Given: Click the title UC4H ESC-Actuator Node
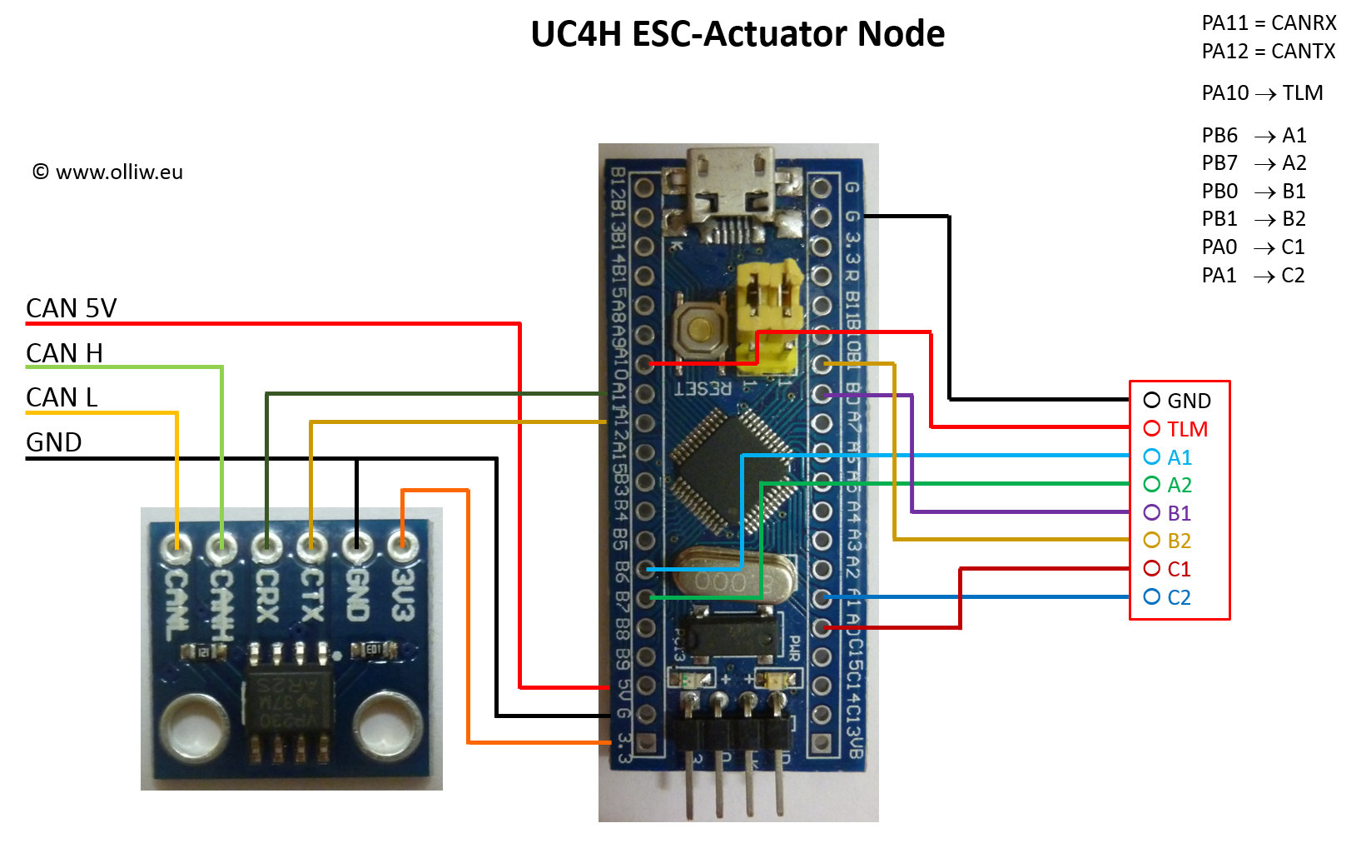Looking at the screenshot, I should [x=738, y=34].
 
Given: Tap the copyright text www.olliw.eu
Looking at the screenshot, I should [x=107, y=172].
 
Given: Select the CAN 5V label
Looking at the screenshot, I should [x=71, y=308].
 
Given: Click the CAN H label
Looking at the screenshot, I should [x=64, y=353].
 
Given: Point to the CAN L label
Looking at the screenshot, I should [x=62, y=397].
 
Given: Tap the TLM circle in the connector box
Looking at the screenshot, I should [x=1152, y=428].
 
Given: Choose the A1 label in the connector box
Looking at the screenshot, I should [x=1180, y=457].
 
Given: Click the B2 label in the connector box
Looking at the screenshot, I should [x=1180, y=541].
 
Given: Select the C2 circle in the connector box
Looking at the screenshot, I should [x=1152, y=596].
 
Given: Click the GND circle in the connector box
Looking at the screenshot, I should [x=1152, y=401].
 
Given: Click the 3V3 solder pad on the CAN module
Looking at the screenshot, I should [x=402, y=546].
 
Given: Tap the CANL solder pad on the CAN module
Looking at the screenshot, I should [x=176, y=546].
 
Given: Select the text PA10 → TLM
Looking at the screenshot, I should [x=1262, y=93].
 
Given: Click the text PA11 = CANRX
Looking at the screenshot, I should [x=1269, y=23].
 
